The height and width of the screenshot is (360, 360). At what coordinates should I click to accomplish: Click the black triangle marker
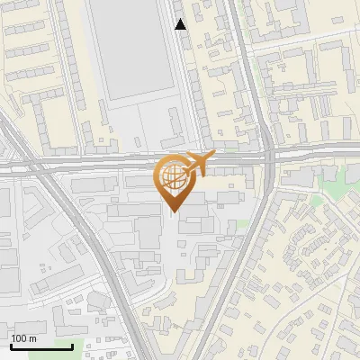click(181, 24)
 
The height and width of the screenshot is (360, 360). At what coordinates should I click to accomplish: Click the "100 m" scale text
click(24, 338)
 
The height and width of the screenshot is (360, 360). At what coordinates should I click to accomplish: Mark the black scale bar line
click(41, 346)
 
